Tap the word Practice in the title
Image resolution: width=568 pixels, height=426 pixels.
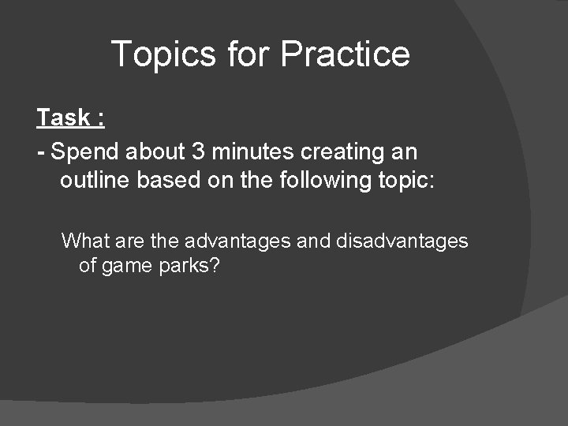click(345, 54)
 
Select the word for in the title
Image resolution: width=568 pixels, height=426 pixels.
click(248, 54)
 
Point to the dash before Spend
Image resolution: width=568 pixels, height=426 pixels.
click(41, 151)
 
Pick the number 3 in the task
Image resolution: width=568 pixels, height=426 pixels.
click(199, 151)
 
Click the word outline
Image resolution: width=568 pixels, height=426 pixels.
click(95, 181)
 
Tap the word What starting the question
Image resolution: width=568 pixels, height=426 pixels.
click(83, 241)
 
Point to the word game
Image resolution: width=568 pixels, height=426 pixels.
click(126, 266)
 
